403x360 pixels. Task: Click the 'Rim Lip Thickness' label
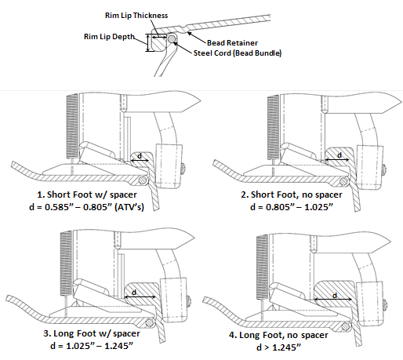coord(136,16)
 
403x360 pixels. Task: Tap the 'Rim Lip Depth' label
coord(109,37)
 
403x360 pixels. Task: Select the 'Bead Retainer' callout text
coord(232,42)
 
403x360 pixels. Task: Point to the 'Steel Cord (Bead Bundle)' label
coord(238,53)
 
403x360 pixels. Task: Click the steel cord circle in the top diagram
coord(172,39)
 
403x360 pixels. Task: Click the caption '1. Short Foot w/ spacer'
coord(87,195)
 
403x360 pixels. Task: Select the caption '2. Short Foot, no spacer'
coord(292,195)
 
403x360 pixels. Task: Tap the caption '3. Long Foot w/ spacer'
coord(92,333)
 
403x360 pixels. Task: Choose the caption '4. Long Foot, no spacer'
coord(278,335)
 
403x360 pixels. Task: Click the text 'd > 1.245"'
coord(278,347)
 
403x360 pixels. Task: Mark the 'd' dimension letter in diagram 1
coord(140,156)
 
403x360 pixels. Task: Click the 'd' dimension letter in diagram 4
coord(335,295)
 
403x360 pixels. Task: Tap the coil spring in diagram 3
coord(66,264)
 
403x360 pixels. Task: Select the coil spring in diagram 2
coord(274,127)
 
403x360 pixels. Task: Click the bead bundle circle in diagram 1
coord(143,180)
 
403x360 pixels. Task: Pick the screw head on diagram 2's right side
coord(385,170)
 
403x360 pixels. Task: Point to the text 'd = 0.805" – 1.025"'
coord(292,207)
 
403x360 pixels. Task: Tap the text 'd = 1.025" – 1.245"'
coord(92,346)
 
